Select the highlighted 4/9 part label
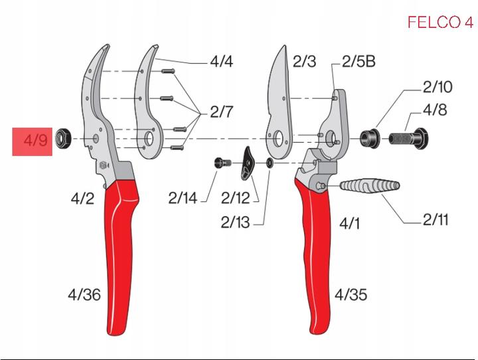click(32, 141)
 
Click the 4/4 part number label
click(222, 62)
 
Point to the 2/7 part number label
click(222, 112)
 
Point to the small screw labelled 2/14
click(222, 161)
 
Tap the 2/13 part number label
click(235, 223)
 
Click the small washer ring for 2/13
click(269, 163)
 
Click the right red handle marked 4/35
click(315, 259)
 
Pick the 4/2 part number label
click(83, 197)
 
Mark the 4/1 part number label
click(349, 223)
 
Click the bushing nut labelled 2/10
click(369, 139)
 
